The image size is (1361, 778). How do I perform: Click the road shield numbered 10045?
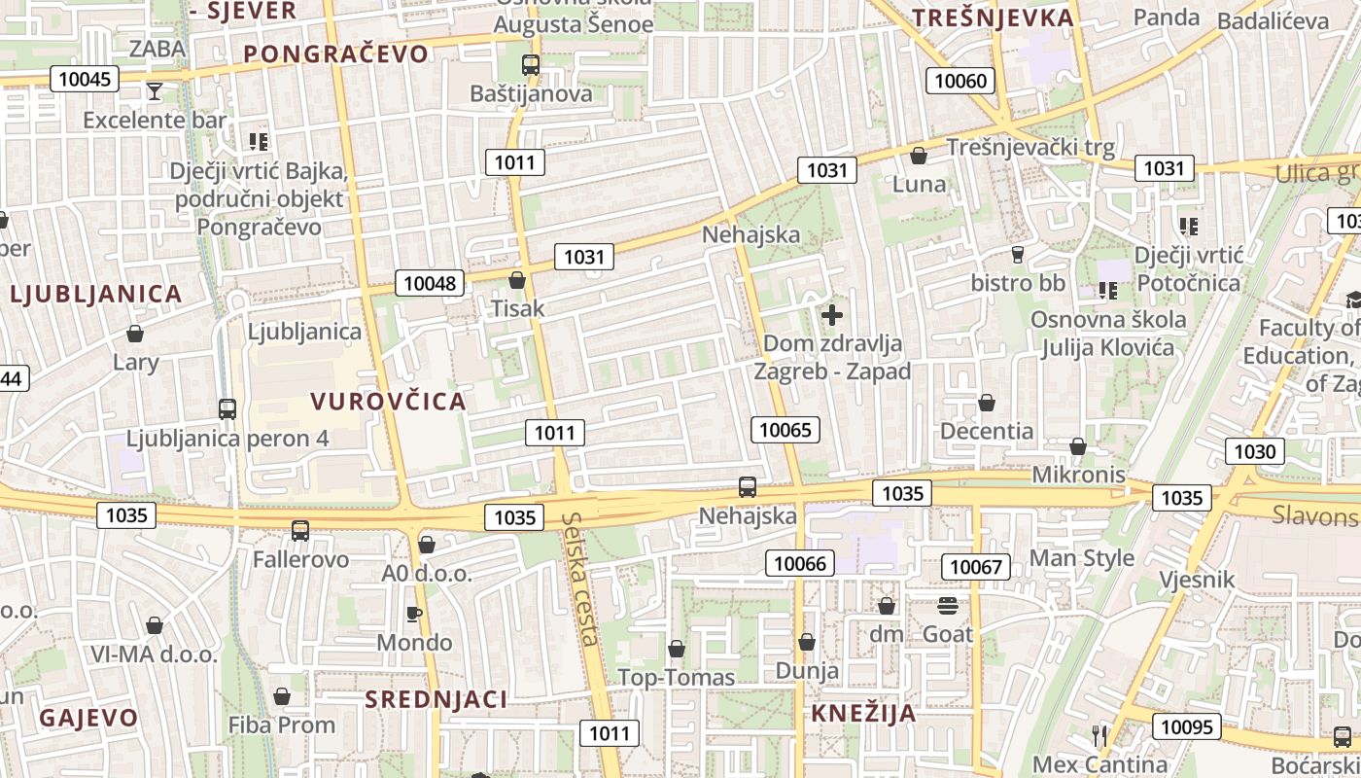tap(85, 79)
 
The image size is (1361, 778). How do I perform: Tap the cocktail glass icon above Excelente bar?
tap(155, 91)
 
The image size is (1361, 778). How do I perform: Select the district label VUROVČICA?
tap(389, 401)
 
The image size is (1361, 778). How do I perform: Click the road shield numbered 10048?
tap(429, 283)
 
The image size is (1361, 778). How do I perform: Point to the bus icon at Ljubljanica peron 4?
tap(227, 409)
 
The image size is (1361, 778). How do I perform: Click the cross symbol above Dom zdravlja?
tap(832, 315)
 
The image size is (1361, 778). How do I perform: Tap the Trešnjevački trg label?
tap(1030, 148)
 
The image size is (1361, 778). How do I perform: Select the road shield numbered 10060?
tap(960, 81)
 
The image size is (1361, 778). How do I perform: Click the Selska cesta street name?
tap(580, 579)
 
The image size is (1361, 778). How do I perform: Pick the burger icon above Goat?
tap(948, 606)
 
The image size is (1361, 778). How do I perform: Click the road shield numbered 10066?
tap(800, 562)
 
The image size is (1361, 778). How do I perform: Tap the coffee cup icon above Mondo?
tap(414, 614)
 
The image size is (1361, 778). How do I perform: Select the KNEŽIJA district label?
tap(863, 713)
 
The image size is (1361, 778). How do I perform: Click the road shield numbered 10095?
tap(1187, 726)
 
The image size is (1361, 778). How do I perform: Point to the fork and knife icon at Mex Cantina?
tap(1099, 736)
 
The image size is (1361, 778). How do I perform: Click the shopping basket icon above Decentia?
tap(987, 403)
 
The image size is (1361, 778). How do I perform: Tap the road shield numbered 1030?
tap(1254, 451)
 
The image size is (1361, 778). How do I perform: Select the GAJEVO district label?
tap(88, 718)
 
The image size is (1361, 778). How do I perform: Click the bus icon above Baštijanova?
tap(531, 65)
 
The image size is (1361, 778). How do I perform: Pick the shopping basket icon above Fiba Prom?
tap(282, 696)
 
